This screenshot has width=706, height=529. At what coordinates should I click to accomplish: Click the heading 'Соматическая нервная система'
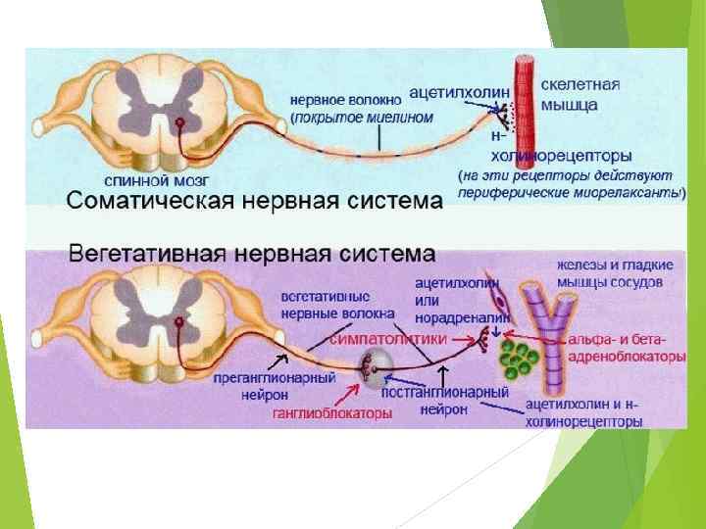point(254,203)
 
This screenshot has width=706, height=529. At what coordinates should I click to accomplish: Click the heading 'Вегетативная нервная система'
point(251,254)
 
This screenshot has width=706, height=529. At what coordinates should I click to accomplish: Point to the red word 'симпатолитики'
point(388,338)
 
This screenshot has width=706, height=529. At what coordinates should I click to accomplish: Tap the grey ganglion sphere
point(376,364)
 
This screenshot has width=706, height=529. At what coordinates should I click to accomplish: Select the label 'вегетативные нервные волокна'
point(337,304)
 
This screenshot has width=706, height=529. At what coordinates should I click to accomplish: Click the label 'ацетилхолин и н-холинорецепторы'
point(584,413)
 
